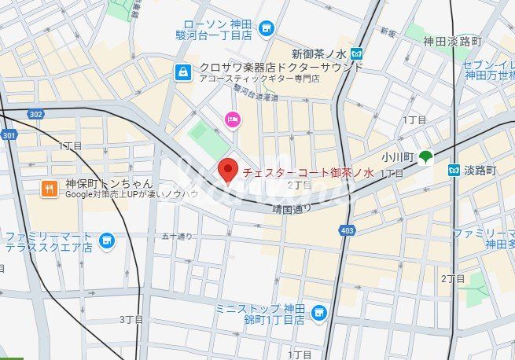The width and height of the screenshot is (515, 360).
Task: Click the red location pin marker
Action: point(228,169)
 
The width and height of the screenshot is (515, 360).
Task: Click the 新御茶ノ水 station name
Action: point(319,54)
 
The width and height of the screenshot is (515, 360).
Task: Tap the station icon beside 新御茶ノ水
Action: point(357,54)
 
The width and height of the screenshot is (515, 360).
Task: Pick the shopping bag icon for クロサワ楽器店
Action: point(183,72)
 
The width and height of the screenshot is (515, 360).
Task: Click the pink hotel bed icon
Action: point(234,119)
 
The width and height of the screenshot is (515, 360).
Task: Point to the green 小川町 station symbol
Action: point(425,157)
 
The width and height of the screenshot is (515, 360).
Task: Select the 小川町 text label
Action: point(396,157)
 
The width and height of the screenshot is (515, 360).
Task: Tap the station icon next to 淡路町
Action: point(454,170)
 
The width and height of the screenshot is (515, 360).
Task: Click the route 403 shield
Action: point(348,230)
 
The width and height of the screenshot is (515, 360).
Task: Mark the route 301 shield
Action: point(8,135)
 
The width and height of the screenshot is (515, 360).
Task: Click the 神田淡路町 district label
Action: point(457,41)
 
